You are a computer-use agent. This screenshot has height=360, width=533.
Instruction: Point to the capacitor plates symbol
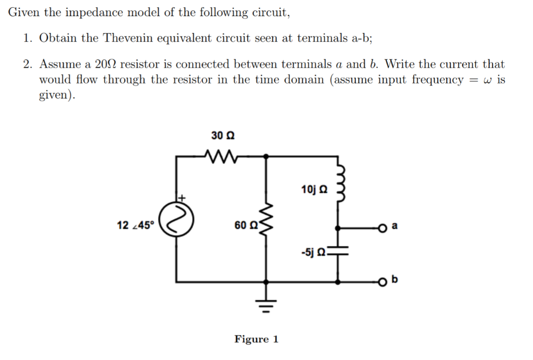tap(339, 252)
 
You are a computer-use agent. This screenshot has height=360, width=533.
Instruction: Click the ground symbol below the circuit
tap(267, 302)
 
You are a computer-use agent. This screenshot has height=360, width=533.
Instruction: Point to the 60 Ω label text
tap(246, 226)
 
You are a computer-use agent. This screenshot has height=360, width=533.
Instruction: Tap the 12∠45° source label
tap(136, 226)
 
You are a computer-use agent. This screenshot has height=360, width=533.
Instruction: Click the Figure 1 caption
tap(256, 340)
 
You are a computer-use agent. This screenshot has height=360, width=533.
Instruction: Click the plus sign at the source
tap(183, 198)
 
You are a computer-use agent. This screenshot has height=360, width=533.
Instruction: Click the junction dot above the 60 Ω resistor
tap(267, 155)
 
